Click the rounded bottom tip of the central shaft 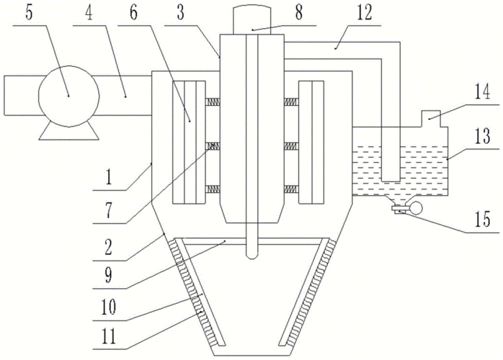click(252, 253)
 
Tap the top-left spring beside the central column click(213, 102)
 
